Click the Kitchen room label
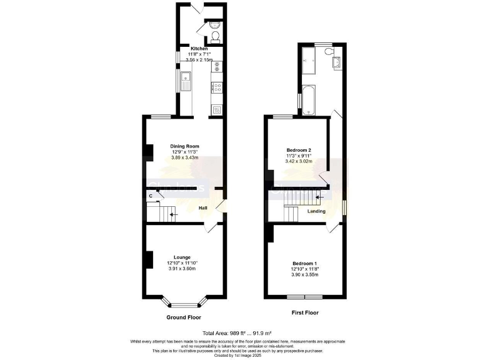coord(199,48)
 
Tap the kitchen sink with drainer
coord(186,80)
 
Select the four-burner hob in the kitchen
coord(217,87)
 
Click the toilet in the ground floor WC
coord(215,36)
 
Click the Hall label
coord(203,207)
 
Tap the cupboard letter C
coord(151,196)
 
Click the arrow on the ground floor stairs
coord(173,214)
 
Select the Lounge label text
coord(182,257)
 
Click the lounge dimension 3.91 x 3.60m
coord(182,269)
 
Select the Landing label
coord(316,211)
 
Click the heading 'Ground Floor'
coord(182,317)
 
